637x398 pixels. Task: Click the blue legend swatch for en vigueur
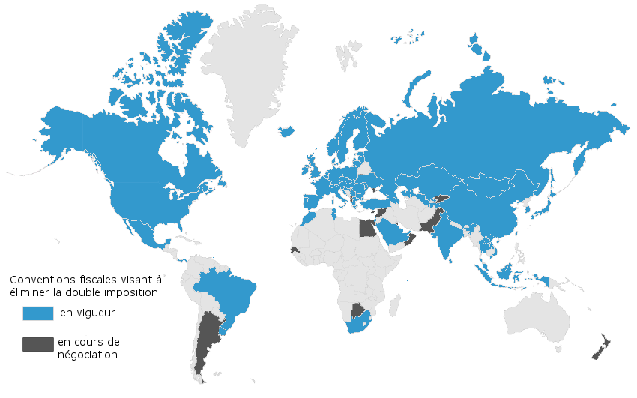pos(37,312)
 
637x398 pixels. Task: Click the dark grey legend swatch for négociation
pos(37,344)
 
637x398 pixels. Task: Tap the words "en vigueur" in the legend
pos(88,312)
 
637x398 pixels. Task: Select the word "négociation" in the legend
pos(88,355)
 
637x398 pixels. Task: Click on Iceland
pos(286,131)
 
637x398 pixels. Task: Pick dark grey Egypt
pos(366,226)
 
